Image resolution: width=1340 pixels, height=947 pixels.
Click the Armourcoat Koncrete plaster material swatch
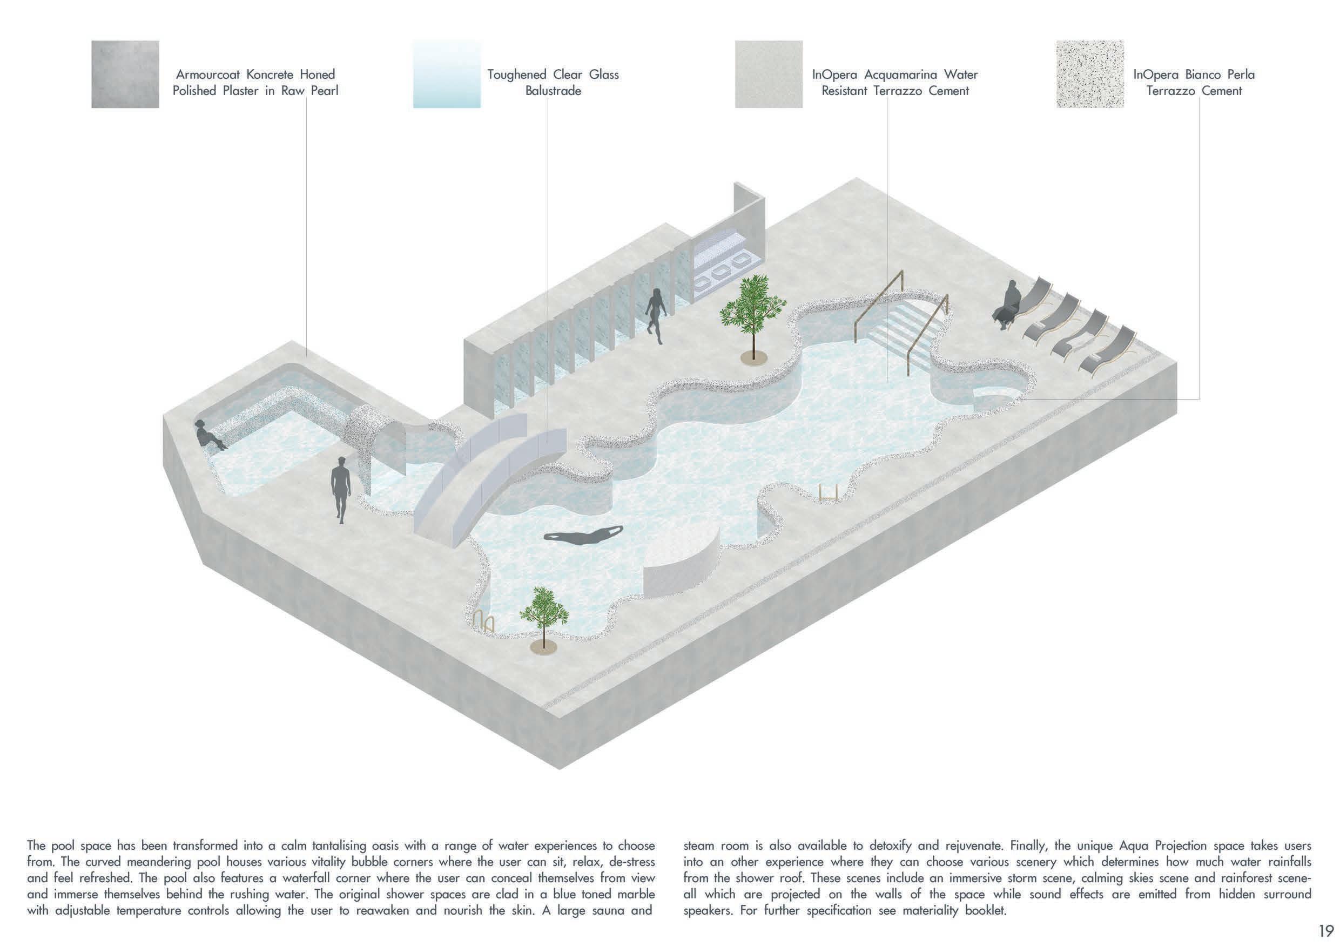click(125, 74)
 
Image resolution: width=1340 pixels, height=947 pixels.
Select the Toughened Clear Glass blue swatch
click(447, 74)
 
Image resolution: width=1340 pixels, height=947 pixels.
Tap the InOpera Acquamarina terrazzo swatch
click(768, 74)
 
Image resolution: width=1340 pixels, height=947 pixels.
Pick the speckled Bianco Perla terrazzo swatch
click(1089, 74)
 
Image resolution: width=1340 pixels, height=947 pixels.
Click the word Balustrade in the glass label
click(553, 91)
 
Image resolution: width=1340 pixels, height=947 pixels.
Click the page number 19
click(1325, 930)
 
